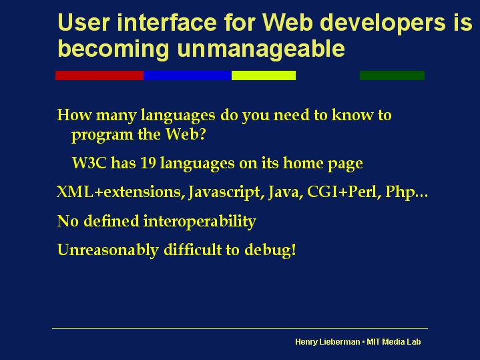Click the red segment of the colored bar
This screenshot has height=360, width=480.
click(x=99, y=75)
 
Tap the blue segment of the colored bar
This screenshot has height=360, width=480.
click(x=188, y=75)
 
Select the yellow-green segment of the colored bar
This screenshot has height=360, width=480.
click(x=264, y=75)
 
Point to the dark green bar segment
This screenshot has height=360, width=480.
click(x=392, y=75)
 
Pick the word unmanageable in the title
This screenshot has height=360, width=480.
click(x=261, y=48)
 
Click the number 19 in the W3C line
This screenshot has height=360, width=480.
click(x=148, y=163)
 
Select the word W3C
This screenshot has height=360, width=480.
click(x=89, y=163)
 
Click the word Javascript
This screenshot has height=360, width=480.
click(x=224, y=193)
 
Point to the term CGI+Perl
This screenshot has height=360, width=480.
click(x=342, y=192)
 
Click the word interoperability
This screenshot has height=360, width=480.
click(x=200, y=222)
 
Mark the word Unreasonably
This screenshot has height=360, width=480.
click(x=107, y=250)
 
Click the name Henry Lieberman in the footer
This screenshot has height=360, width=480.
click(x=328, y=342)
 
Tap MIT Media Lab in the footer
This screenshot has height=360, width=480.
click(x=394, y=341)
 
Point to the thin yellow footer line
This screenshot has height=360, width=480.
click(x=240, y=328)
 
